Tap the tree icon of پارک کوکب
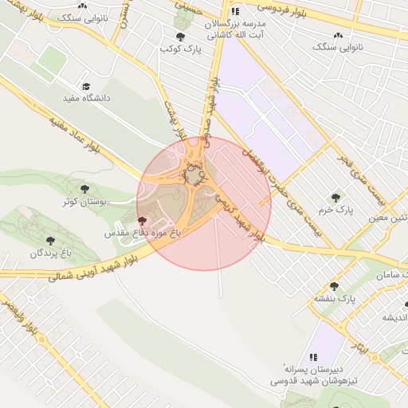click(181, 37)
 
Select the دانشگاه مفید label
click(87, 98)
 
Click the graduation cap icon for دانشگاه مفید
click(87, 86)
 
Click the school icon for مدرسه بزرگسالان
click(235, 11)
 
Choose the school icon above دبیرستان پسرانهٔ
click(313, 357)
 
